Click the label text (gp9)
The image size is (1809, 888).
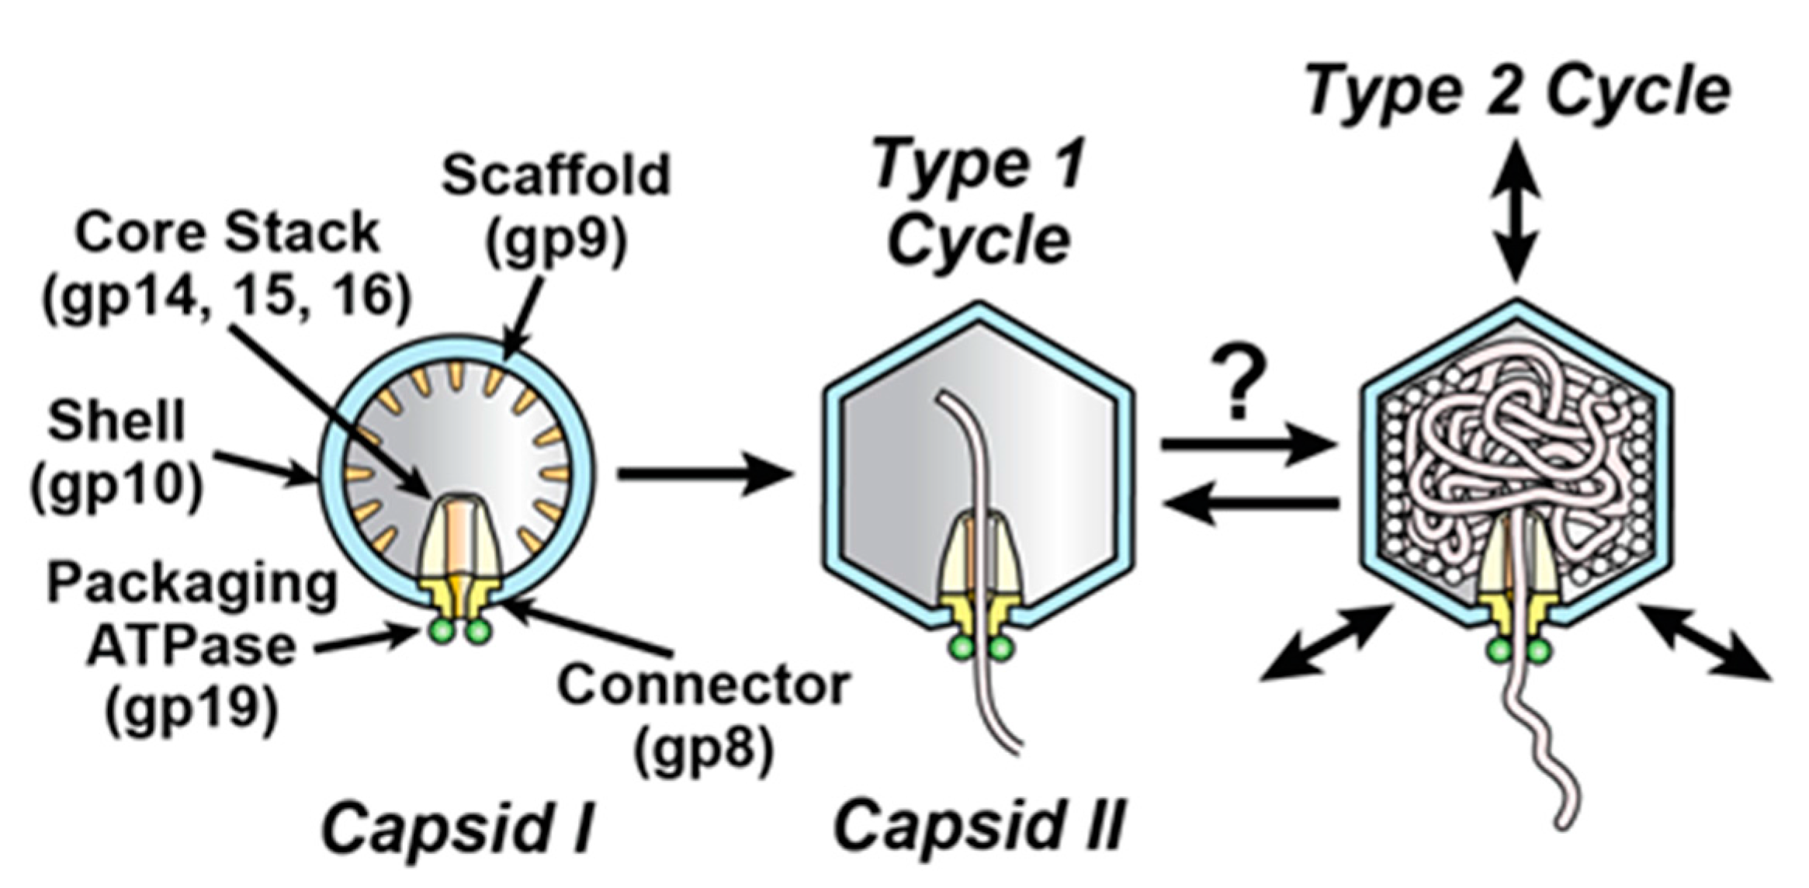556,243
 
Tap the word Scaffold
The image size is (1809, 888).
556,175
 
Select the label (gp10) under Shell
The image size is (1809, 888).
117,487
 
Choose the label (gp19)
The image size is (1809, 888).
192,710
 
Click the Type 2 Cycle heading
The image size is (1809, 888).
1517,92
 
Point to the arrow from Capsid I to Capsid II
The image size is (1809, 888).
704,473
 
